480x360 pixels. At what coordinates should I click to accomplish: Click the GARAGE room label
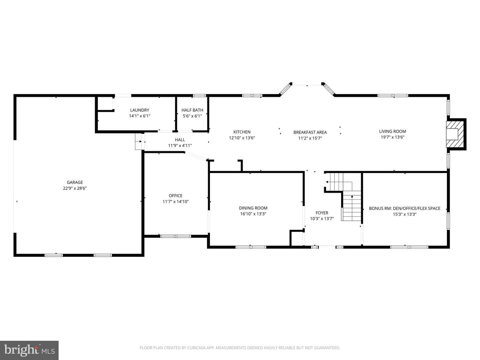coord(75,182)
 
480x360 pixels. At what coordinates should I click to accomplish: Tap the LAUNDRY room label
coord(140,110)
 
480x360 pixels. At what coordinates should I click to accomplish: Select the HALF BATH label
coord(192,110)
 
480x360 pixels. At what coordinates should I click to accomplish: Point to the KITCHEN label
coord(242,132)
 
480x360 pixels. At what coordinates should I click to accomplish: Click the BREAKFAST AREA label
coord(310,132)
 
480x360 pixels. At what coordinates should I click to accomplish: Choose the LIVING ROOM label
coord(393,131)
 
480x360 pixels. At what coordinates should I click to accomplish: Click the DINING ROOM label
coord(253,208)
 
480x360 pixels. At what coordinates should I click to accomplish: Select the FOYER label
coord(322,213)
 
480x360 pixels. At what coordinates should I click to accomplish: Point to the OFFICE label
coord(175,196)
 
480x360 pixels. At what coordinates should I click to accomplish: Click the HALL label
coord(180,140)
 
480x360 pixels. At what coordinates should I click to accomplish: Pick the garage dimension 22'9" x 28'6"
coord(75,188)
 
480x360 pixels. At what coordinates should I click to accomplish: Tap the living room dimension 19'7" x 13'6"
coord(393,137)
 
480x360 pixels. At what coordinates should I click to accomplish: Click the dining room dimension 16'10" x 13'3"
coord(253,214)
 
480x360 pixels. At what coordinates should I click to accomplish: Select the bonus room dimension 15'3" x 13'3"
coord(405,214)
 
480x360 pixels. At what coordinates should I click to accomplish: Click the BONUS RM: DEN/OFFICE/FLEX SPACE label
coord(405,209)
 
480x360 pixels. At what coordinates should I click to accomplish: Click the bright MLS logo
coord(29,350)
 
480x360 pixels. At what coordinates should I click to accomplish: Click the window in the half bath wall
coord(199,96)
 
